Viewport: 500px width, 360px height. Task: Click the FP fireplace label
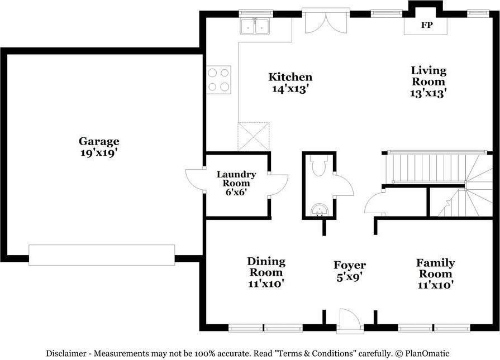point(426,25)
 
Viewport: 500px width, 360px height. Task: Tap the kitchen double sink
point(255,26)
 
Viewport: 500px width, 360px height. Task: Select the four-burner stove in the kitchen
point(218,80)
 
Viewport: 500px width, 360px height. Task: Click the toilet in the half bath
point(318,165)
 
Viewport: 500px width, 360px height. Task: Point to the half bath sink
point(319,210)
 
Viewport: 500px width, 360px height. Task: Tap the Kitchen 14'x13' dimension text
point(289,89)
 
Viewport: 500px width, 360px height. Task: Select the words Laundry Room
point(236,179)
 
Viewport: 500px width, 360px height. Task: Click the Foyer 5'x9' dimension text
point(350,276)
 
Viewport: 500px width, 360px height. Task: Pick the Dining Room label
point(266,267)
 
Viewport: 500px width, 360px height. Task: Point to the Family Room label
point(436,268)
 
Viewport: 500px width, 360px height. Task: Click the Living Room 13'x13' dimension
point(428,93)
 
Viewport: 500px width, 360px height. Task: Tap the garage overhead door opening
point(102,255)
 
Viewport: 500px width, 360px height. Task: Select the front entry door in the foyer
point(350,320)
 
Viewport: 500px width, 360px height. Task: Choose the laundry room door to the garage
point(196,179)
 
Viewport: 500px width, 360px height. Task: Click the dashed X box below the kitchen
point(254,136)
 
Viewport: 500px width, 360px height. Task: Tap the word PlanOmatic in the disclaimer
point(427,353)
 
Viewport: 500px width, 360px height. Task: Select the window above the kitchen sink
point(256,13)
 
